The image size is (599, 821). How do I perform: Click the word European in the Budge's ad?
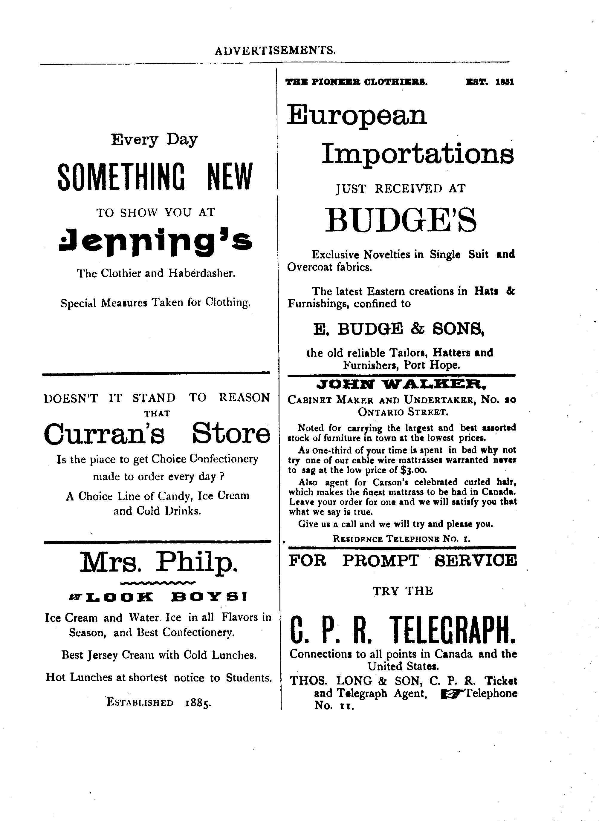tap(357, 115)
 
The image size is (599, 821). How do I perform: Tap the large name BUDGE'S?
tap(400, 221)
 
